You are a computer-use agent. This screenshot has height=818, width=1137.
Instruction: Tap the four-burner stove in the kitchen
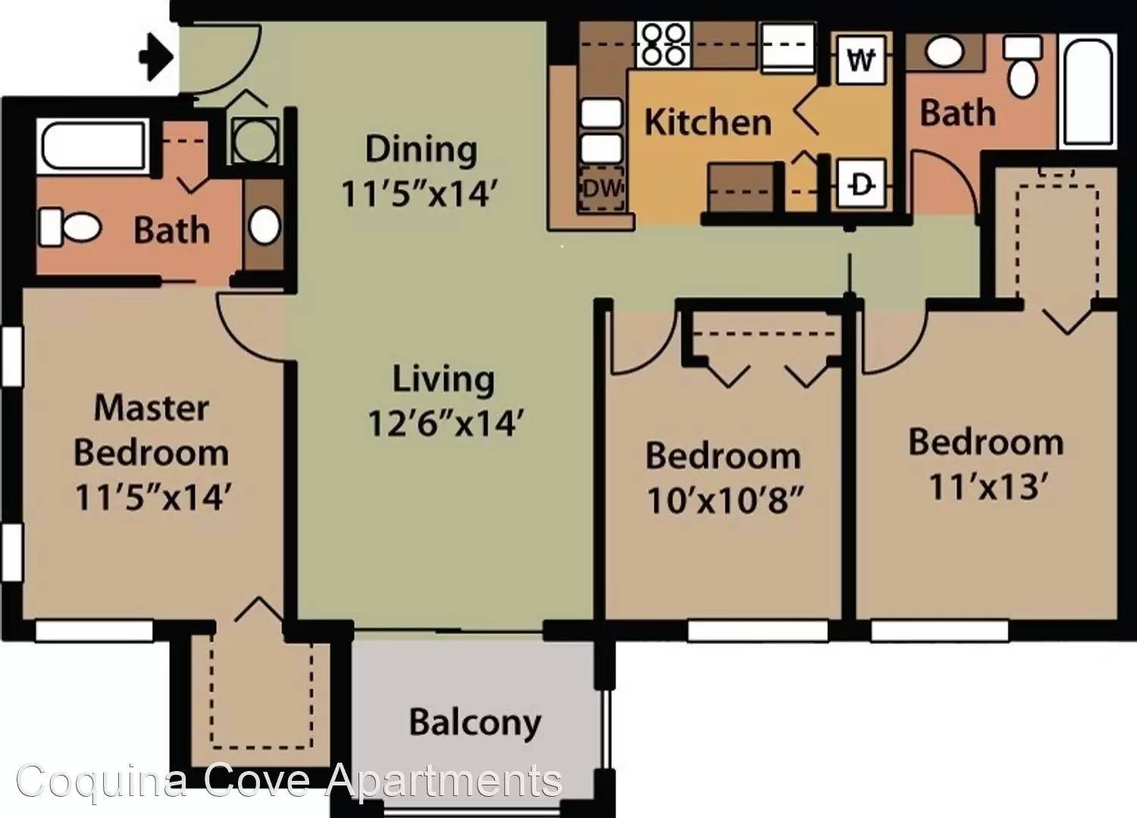pyautogui.click(x=663, y=45)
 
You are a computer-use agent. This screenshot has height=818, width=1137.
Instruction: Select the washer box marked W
pyautogui.click(x=861, y=59)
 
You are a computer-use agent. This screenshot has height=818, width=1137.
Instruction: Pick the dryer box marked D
pyautogui.click(x=861, y=183)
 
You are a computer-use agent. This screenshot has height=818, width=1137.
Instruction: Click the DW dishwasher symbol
pyautogui.click(x=602, y=189)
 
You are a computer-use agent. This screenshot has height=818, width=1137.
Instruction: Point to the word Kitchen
pyautogui.click(x=707, y=122)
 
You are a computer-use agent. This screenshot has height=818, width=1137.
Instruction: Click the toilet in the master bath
pyautogui.click(x=70, y=228)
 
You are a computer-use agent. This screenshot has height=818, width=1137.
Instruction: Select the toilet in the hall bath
pyautogui.click(x=1023, y=66)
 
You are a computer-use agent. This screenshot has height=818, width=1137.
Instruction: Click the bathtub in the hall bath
pyautogui.click(x=1088, y=92)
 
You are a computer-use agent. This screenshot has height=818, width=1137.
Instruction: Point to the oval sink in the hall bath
pyautogui.click(x=944, y=52)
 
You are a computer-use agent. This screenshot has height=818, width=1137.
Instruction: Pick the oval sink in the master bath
pyautogui.click(x=265, y=225)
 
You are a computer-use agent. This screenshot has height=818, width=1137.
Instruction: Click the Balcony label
pyautogui.click(x=475, y=723)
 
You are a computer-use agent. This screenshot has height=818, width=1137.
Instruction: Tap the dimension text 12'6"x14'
pyautogui.click(x=445, y=423)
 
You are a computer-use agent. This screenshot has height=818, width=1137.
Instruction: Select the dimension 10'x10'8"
pyautogui.click(x=725, y=500)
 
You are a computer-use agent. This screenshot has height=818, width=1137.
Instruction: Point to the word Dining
pyautogui.click(x=421, y=150)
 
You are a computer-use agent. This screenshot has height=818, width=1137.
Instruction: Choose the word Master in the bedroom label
pyautogui.click(x=152, y=407)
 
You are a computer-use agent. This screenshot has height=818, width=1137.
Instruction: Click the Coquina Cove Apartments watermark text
pyautogui.click(x=290, y=782)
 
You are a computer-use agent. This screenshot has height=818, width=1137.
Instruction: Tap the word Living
pyautogui.click(x=443, y=379)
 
